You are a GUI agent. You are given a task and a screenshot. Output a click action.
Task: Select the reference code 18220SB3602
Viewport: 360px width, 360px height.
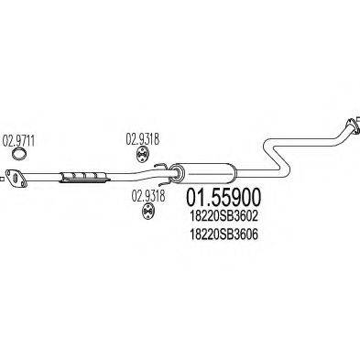[226, 216]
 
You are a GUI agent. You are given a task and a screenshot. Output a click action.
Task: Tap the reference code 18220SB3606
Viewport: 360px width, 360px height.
[226, 234]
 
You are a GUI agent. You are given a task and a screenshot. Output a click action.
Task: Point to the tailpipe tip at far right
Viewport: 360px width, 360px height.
[351, 124]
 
